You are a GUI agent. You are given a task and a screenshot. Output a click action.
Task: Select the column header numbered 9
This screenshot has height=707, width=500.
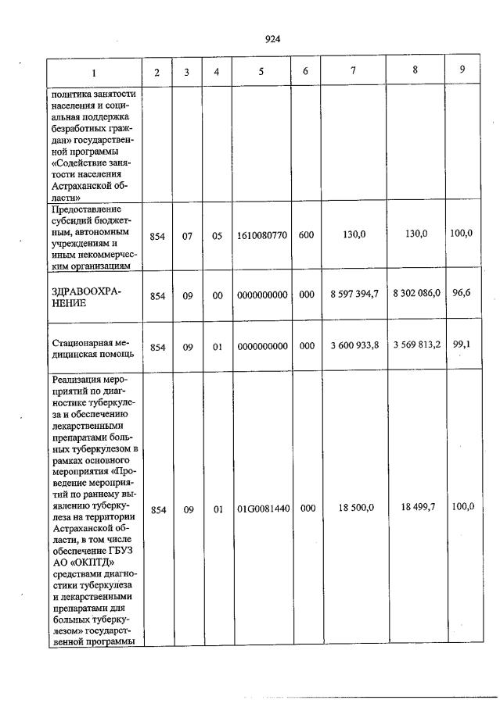click(x=462, y=70)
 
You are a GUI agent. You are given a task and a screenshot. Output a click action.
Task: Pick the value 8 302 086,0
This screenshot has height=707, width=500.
click(x=415, y=292)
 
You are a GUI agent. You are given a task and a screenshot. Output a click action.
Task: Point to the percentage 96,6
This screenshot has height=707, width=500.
click(x=462, y=292)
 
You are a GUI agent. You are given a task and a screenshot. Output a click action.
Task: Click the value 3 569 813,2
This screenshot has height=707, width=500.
click(x=415, y=345)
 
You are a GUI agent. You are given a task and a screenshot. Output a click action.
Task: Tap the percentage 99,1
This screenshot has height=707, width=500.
click(x=462, y=345)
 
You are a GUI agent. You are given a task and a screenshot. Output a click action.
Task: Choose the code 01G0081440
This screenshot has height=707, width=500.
click(x=262, y=509)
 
